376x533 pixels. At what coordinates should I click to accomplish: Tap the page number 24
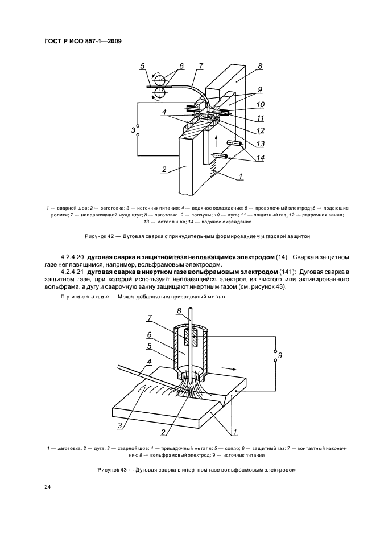tap(47, 486)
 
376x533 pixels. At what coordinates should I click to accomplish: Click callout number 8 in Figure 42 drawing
tap(260, 66)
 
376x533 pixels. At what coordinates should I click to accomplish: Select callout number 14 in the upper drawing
tap(261, 158)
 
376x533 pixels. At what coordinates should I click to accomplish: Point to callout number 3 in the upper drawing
tap(133, 131)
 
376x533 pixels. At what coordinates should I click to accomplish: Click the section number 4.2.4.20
tap(71, 258)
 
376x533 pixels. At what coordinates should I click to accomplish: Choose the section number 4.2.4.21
tap(71, 272)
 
